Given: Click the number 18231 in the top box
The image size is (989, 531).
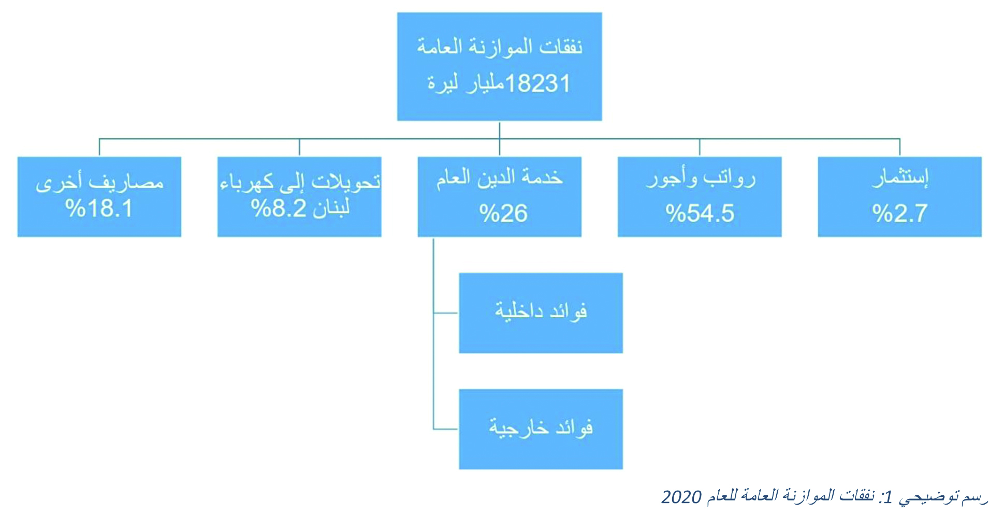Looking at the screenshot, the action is tap(537, 83).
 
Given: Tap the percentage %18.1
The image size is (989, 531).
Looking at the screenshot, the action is tap(99, 209).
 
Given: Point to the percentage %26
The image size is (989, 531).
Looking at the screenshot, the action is tap(503, 213).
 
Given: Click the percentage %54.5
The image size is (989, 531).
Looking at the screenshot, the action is tap(700, 213).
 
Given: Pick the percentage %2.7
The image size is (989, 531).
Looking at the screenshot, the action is tap(899, 213).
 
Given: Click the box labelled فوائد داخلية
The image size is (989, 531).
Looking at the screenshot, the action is tap(541, 313).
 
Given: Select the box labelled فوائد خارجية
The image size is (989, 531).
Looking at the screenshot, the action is tap(541, 429).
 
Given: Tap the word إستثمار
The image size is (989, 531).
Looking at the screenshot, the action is tap(900, 177).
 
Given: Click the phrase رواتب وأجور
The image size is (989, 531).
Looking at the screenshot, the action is tap(701, 178).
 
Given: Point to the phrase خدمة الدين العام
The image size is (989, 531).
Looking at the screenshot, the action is tap(499, 177).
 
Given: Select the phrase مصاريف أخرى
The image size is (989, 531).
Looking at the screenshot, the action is tap(99, 182).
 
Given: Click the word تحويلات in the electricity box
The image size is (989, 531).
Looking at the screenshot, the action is tap(346, 181).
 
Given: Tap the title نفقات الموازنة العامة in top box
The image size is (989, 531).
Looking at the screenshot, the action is tap(500, 47).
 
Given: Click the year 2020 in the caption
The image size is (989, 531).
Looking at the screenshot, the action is tap(681, 497).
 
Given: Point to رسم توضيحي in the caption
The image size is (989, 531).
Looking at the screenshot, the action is tap(943, 496).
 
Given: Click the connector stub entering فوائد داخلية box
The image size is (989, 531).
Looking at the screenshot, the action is tap(446, 313).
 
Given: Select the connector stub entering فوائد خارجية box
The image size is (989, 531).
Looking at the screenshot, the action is tap(446, 429).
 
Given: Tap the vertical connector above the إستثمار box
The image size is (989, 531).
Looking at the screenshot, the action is tap(899, 148).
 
